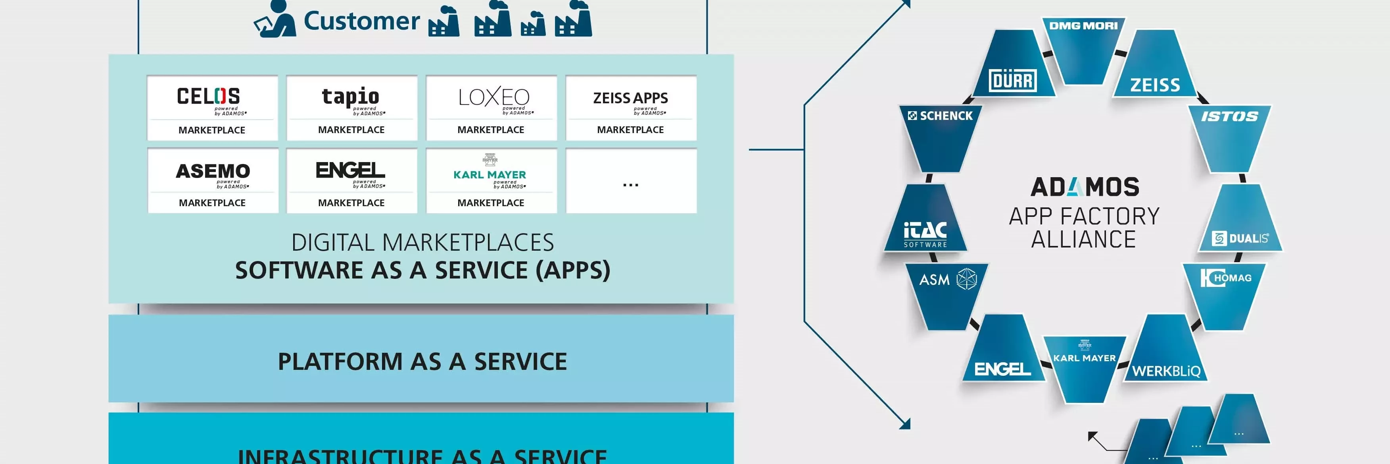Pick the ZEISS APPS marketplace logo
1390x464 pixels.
630,98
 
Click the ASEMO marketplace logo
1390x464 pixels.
213,171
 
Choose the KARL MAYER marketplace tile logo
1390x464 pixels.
490,174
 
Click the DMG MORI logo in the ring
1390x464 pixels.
1083,25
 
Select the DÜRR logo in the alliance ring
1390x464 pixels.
1013,81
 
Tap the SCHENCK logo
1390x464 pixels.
940,116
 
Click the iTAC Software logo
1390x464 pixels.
925,233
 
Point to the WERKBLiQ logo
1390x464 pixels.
1166,371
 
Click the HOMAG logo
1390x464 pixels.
1226,278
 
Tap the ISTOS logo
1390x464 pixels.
1229,116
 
